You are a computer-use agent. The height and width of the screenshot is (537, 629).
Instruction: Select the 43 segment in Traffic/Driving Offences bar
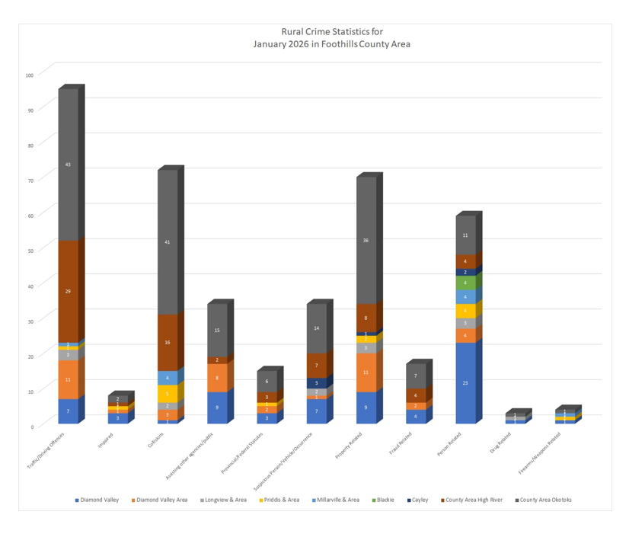tap(68, 165)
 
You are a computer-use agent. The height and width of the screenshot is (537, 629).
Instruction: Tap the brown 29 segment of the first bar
tap(68, 291)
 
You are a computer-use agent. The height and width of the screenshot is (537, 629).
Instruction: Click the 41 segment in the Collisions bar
tap(167, 242)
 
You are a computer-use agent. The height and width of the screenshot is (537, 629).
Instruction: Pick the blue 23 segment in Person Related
tap(465, 382)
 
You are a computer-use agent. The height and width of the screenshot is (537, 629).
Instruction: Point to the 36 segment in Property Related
tap(366, 241)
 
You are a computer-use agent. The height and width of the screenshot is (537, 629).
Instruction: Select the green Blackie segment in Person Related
tap(465, 283)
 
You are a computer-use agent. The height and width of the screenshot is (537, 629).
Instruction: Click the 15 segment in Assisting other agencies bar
tap(216, 331)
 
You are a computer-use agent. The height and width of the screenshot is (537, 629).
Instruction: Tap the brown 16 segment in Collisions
tap(167, 343)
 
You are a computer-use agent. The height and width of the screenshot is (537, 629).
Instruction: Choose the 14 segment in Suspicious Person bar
tap(316, 328)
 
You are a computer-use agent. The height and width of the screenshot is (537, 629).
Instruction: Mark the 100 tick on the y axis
tap(30, 75)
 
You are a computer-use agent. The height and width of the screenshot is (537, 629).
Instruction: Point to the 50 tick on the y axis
tap(30, 251)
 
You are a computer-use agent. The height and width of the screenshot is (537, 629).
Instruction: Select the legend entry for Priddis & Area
tap(282, 500)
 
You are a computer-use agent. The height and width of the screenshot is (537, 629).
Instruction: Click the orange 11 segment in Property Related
tap(366, 372)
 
